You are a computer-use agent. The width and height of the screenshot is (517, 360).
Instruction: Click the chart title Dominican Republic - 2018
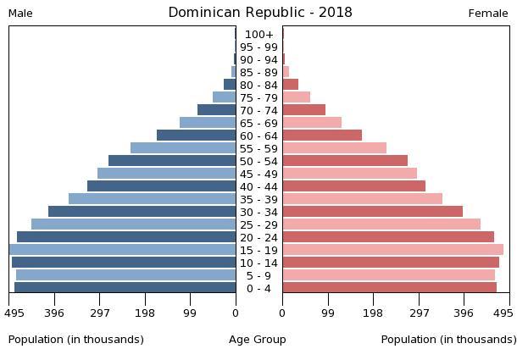point(259,13)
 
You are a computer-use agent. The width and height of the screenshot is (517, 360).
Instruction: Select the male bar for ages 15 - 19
point(123,250)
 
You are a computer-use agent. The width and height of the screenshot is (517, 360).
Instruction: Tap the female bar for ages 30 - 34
point(372,212)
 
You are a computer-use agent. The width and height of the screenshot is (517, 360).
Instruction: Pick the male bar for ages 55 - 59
point(183,148)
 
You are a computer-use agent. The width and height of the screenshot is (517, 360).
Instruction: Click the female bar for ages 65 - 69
point(312,123)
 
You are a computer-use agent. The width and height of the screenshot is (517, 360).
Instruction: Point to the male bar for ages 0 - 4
point(125,288)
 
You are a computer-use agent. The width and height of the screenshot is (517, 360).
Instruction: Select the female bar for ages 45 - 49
point(349,174)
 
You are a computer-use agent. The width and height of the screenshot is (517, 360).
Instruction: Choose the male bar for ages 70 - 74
point(217,110)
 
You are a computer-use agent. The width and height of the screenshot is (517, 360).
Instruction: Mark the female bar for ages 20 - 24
point(388,237)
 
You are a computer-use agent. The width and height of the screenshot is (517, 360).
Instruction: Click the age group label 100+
point(259,35)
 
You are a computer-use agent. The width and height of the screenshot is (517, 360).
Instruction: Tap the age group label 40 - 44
point(259,187)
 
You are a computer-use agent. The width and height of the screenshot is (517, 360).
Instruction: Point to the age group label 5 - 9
point(259,276)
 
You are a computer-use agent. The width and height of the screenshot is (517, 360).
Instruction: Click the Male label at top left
point(20,14)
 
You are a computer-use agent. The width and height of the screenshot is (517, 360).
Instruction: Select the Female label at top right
point(488,14)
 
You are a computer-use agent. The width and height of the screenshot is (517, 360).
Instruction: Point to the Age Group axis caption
point(258,340)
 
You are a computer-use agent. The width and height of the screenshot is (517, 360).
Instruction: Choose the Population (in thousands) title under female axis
point(448,340)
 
